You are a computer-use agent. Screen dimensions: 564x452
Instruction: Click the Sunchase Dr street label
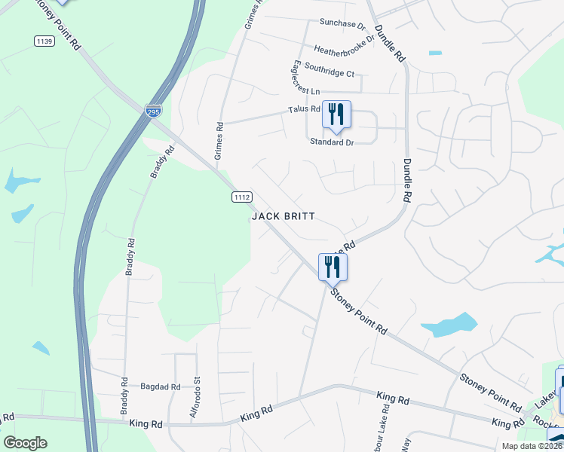[342, 23]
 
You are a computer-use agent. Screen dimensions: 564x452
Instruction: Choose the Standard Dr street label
[332, 142]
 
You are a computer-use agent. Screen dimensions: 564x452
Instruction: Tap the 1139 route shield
[44, 41]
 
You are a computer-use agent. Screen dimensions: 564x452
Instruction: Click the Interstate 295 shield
[153, 111]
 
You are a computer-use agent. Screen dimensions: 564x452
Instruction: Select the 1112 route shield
[241, 197]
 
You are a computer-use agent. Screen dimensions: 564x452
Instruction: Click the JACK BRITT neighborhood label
[283, 216]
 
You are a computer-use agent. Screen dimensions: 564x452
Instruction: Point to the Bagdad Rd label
[161, 386]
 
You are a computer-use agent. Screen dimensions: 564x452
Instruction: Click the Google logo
[26, 443]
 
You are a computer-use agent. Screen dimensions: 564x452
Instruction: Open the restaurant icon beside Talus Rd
[336, 114]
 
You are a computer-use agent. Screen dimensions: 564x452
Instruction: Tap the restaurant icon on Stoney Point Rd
[333, 266]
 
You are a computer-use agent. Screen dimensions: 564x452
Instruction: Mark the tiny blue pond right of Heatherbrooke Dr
[435, 53]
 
